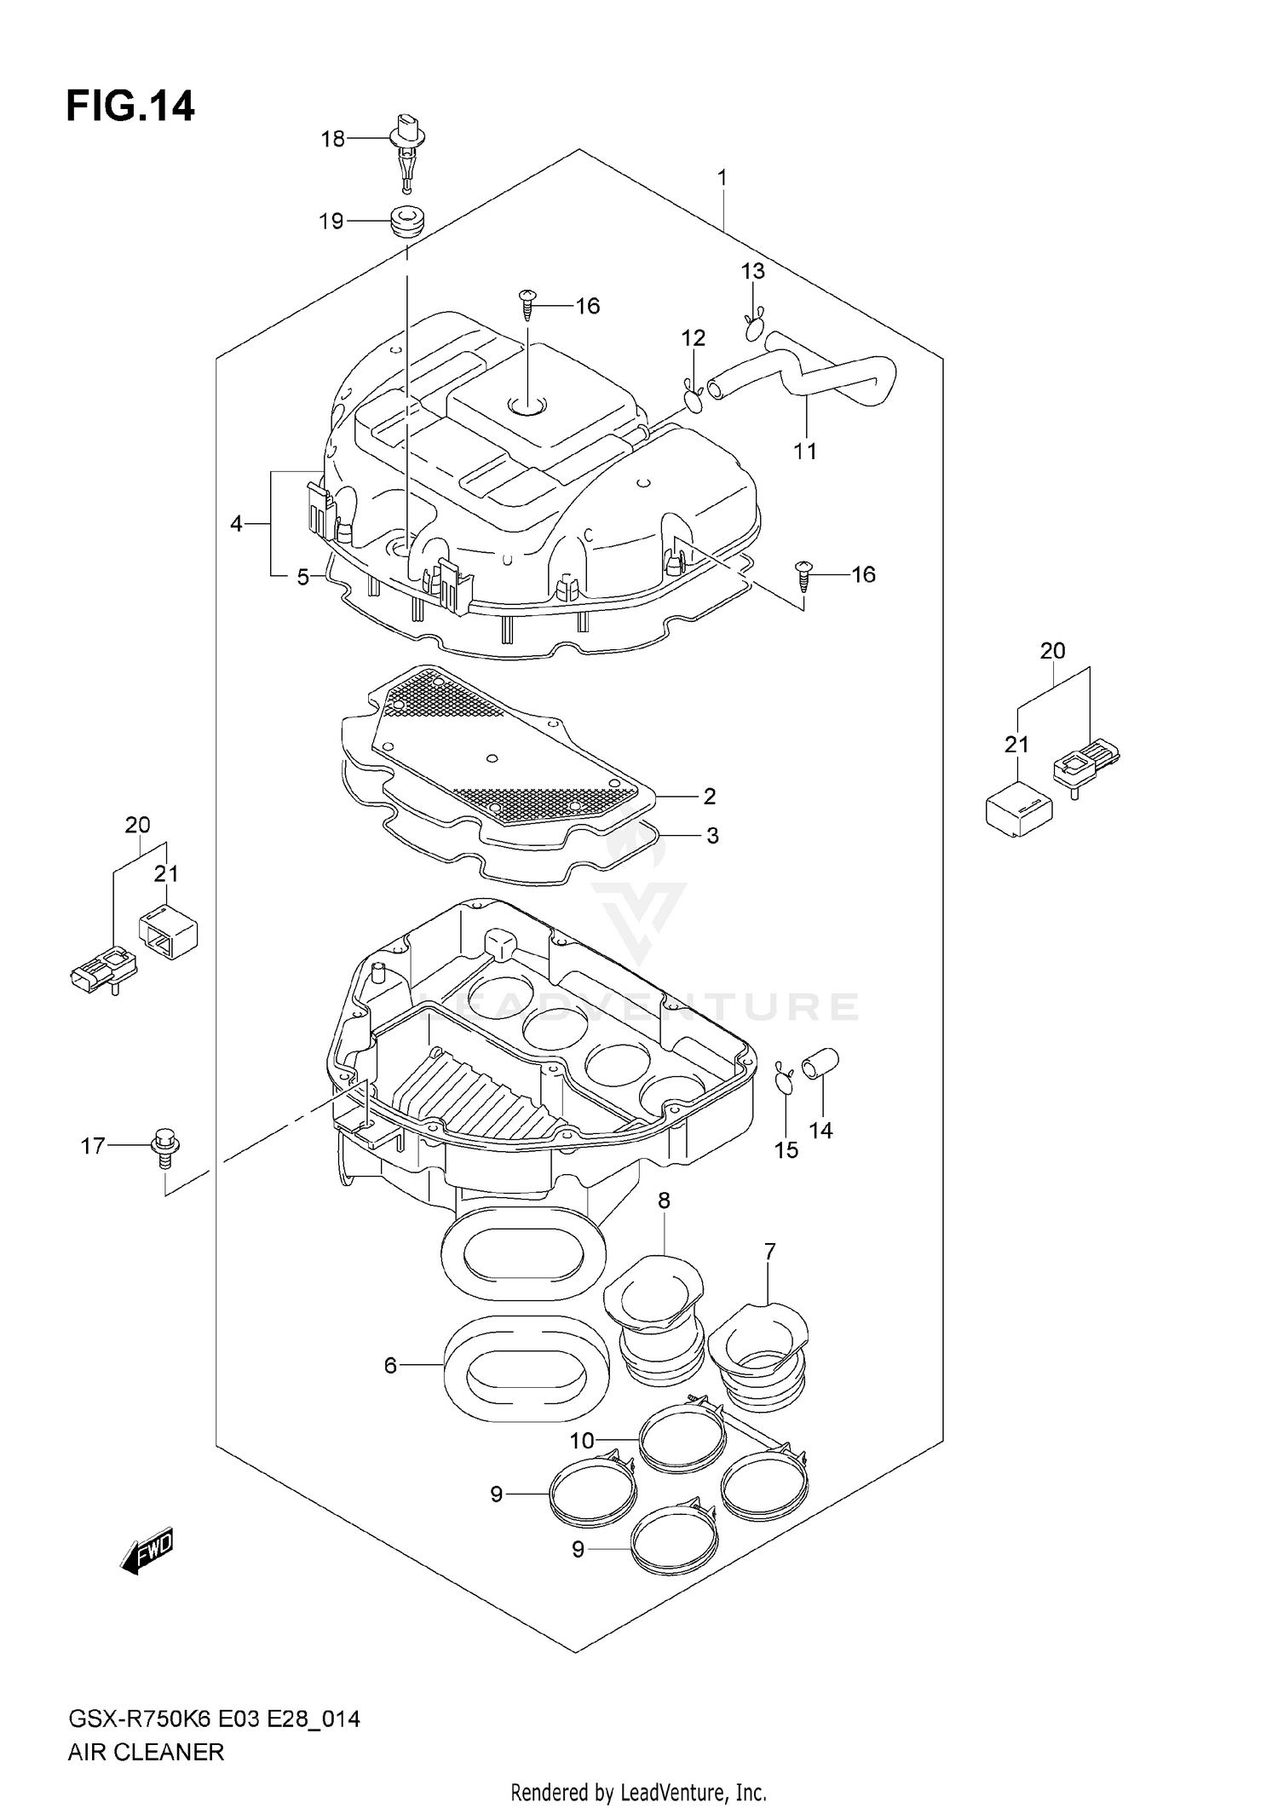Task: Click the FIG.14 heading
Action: click(130, 107)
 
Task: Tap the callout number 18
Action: click(332, 139)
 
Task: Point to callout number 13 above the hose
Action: click(752, 272)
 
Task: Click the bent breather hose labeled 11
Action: click(818, 375)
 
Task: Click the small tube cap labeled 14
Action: click(823, 1062)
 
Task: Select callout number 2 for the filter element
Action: click(709, 796)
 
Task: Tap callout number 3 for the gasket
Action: click(712, 836)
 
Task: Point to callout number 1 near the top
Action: click(722, 179)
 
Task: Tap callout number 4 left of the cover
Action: click(236, 523)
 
